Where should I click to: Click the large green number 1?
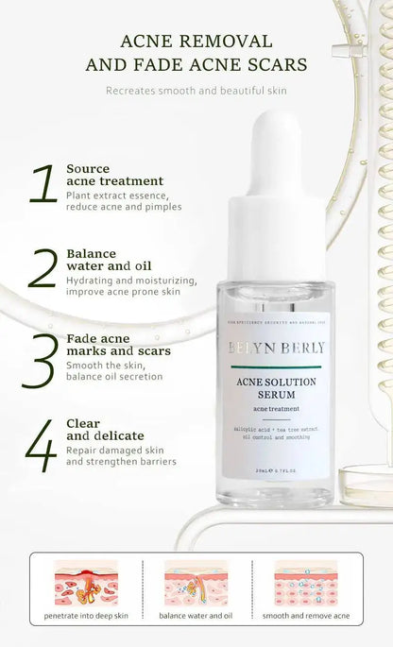pos(43,185)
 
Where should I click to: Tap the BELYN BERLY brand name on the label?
pos(276,348)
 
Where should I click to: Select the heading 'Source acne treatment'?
pos(114,175)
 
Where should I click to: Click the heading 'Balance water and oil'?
pos(109,260)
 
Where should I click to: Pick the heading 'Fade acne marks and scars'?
pos(118,345)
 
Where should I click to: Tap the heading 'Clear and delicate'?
pos(105,430)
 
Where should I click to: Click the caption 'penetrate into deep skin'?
pos(86,616)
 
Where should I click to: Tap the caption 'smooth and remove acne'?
pos(306,616)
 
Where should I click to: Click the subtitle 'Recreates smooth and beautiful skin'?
pos(196,91)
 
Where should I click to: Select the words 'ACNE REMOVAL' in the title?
pos(196,42)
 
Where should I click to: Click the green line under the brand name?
pos(275,366)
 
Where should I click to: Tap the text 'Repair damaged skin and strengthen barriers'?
pos(120,456)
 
